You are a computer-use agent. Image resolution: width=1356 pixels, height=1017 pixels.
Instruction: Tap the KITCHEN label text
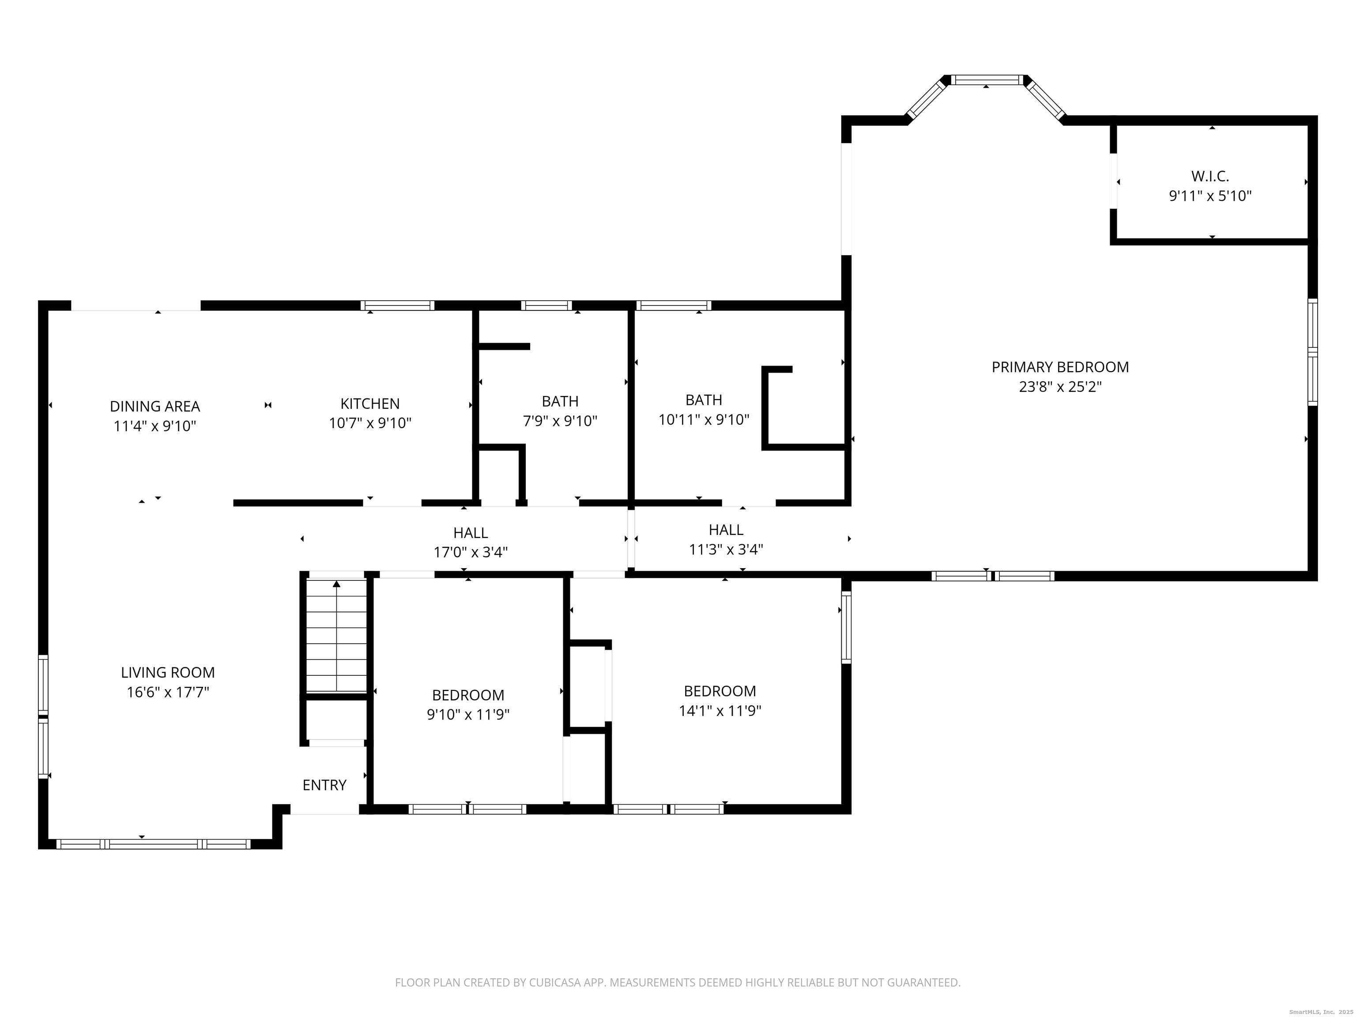pos(370,403)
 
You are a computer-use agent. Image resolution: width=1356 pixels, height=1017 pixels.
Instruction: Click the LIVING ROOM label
pos(168,673)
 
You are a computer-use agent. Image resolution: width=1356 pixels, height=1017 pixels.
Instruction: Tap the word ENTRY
pos(325,785)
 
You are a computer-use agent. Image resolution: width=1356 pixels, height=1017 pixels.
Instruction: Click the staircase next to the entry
pos(336,636)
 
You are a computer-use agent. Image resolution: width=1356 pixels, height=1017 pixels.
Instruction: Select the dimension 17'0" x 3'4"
pos(471,552)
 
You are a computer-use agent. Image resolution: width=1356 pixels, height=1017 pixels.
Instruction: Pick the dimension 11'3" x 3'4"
pos(727,549)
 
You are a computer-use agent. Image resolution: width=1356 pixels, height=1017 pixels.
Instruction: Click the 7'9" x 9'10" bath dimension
pos(560,421)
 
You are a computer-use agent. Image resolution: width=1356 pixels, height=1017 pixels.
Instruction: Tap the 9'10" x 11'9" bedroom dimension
pos(468,715)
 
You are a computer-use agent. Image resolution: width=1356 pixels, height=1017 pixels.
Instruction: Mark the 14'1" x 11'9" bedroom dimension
pos(720,711)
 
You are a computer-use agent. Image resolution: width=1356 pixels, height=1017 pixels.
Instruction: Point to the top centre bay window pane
pos(987,80)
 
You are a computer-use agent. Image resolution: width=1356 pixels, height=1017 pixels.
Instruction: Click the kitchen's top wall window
pos(397,305)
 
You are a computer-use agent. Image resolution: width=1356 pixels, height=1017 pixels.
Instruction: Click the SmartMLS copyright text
pos(1322,1012)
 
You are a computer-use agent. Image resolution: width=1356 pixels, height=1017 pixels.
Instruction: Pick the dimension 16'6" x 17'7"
pos(168,693)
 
